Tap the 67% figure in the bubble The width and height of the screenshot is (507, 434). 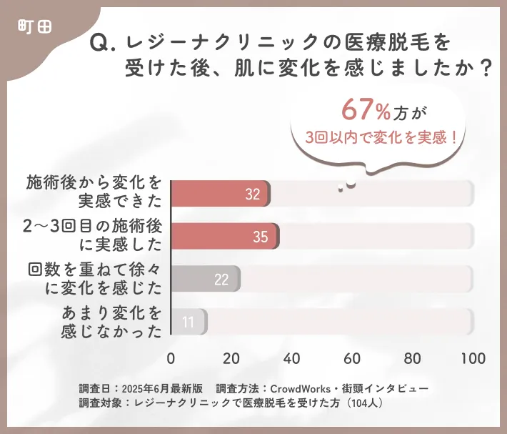366,110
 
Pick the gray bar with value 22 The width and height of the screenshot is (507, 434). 206,279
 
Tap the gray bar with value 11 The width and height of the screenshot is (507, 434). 189,322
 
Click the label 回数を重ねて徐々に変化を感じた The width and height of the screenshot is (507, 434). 94,279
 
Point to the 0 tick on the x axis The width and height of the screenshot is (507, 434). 171,357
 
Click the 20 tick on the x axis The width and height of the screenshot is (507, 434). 231,357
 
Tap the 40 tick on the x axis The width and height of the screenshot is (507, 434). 291,357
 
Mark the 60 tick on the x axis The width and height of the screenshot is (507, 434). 351,357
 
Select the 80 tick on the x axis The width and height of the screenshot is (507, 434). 411,357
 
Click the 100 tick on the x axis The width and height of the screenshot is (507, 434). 471,357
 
